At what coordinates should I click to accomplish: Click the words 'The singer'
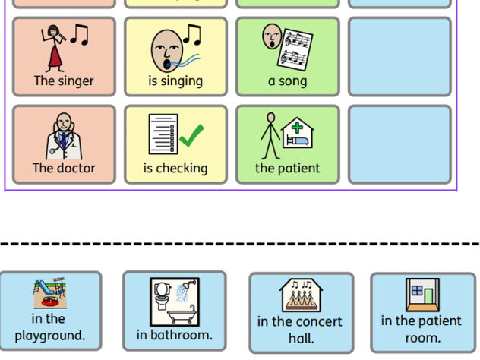pos(64,81)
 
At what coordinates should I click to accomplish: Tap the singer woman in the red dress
pos(54,47)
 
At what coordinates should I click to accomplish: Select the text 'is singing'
pos(175,81)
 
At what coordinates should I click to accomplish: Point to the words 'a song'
pos(287,81)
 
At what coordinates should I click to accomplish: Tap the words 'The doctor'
pos(64,168)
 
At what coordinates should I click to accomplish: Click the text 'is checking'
pos(175,168)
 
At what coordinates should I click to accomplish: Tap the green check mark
pos(191,136)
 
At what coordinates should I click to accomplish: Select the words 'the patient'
pos(287,168)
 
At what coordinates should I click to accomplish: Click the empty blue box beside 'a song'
pos(399,56)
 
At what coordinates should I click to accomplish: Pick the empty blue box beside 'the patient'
pos(399,144)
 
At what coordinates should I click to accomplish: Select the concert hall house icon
pos(300,295)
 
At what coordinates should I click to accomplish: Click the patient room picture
pos(422,294)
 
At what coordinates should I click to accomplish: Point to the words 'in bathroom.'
pos(174,334)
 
